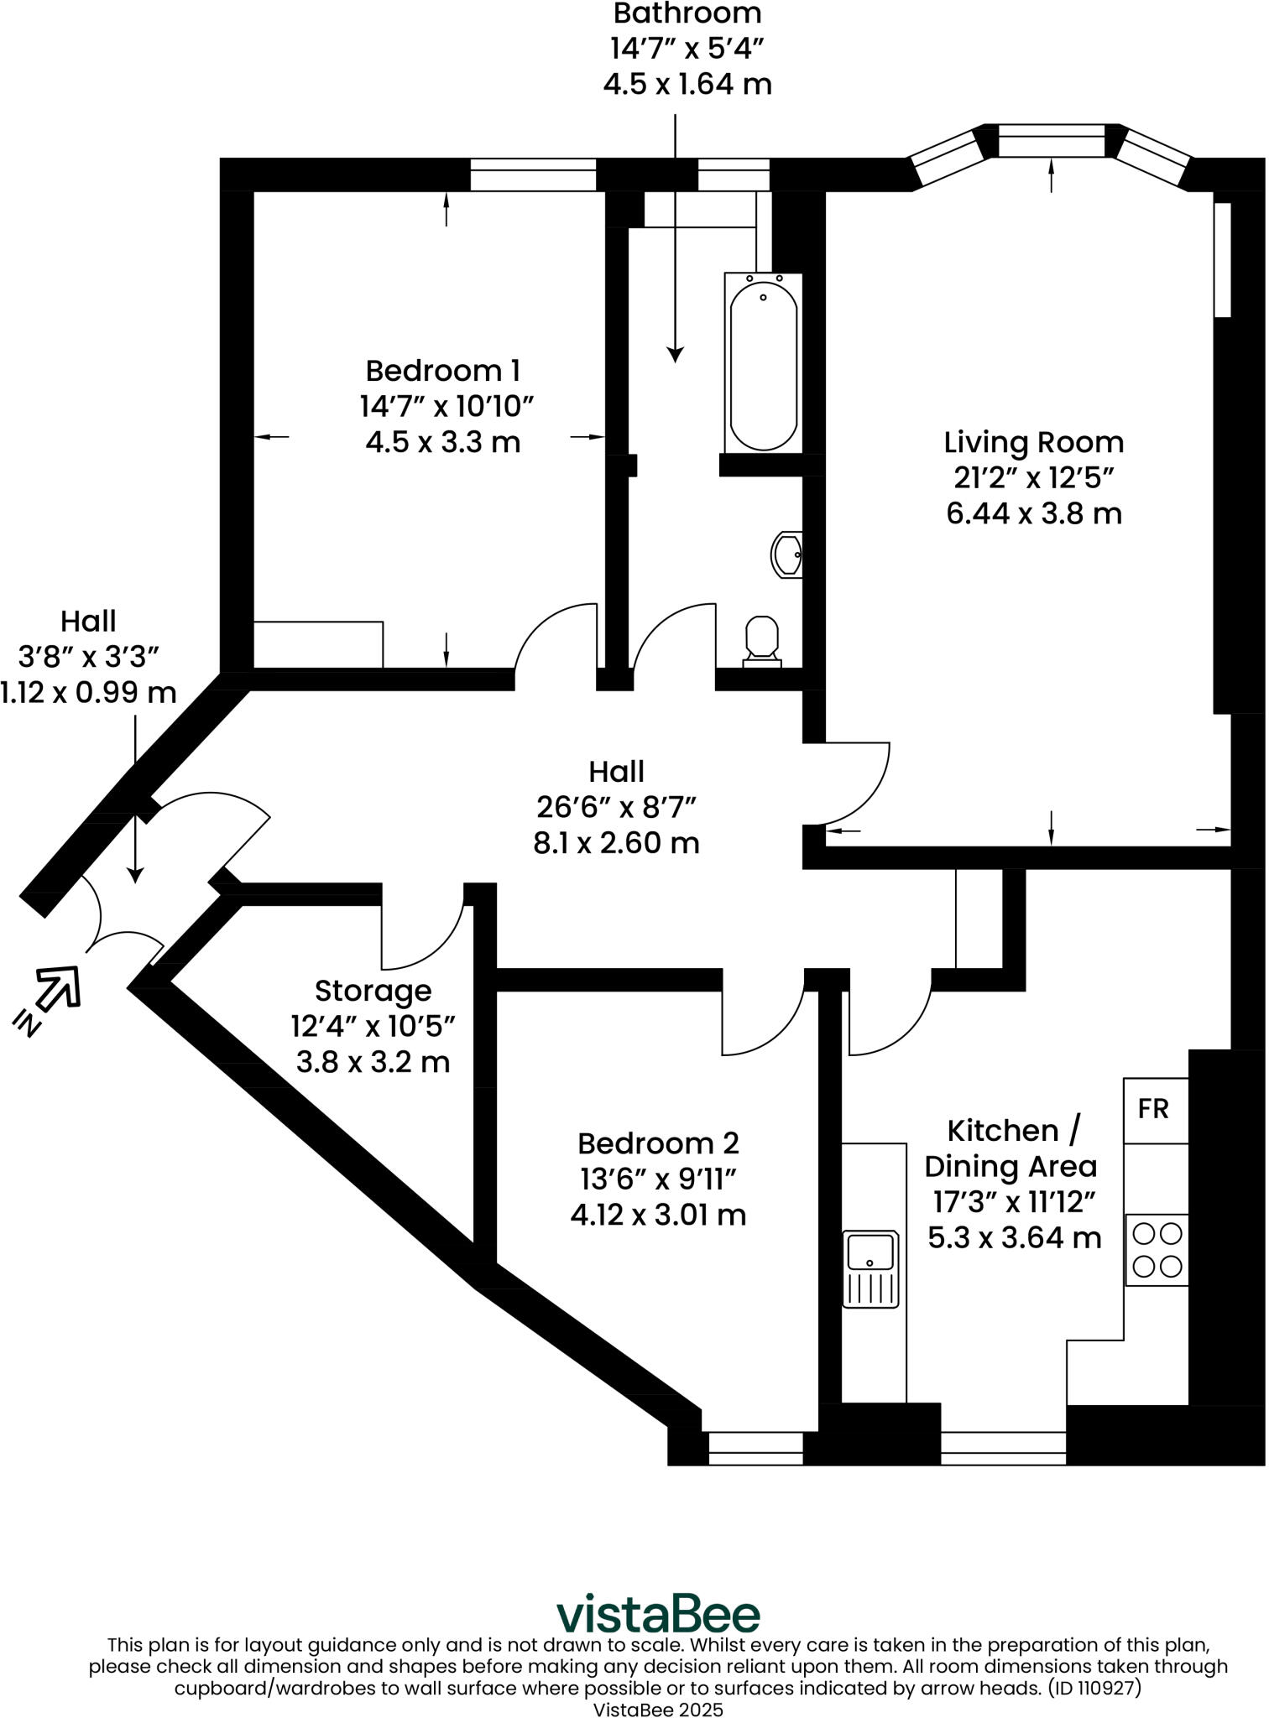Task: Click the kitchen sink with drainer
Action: pyautogui.click(x=870, y=1269)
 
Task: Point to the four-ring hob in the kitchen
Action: pyautogui.click(x=1157, y=1250)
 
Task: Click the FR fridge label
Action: pyautogui.click(x=1153, y=1109)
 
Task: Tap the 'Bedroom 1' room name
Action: pyautogui.click(x=443, y=370)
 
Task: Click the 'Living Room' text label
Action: pyautogui.click(x=1033, y=442)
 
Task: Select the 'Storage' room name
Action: pyautogui.click(x=373, y=991)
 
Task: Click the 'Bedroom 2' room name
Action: pyautogui.click(x=658, y=1143)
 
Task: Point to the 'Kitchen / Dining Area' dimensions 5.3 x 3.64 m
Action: pyautogui.click(x=1014, y=1237)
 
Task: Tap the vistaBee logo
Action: pyautogui.click(x=658, y=1613)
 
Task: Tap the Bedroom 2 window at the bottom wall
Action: pyautogui.click(x=755, y=1449)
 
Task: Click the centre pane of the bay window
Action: pyautogui.click(x=1052, y=141)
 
